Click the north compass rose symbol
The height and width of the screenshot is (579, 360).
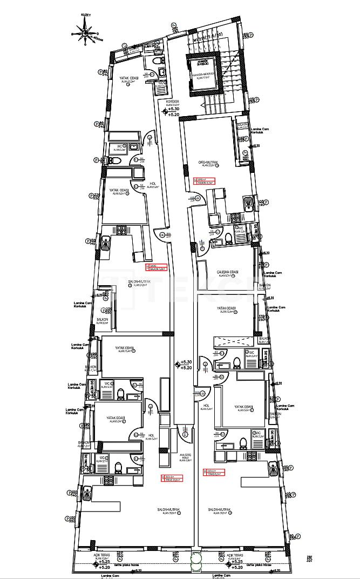[x=85, y=32]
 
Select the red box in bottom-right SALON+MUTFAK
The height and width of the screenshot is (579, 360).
[x=214, y=473]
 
